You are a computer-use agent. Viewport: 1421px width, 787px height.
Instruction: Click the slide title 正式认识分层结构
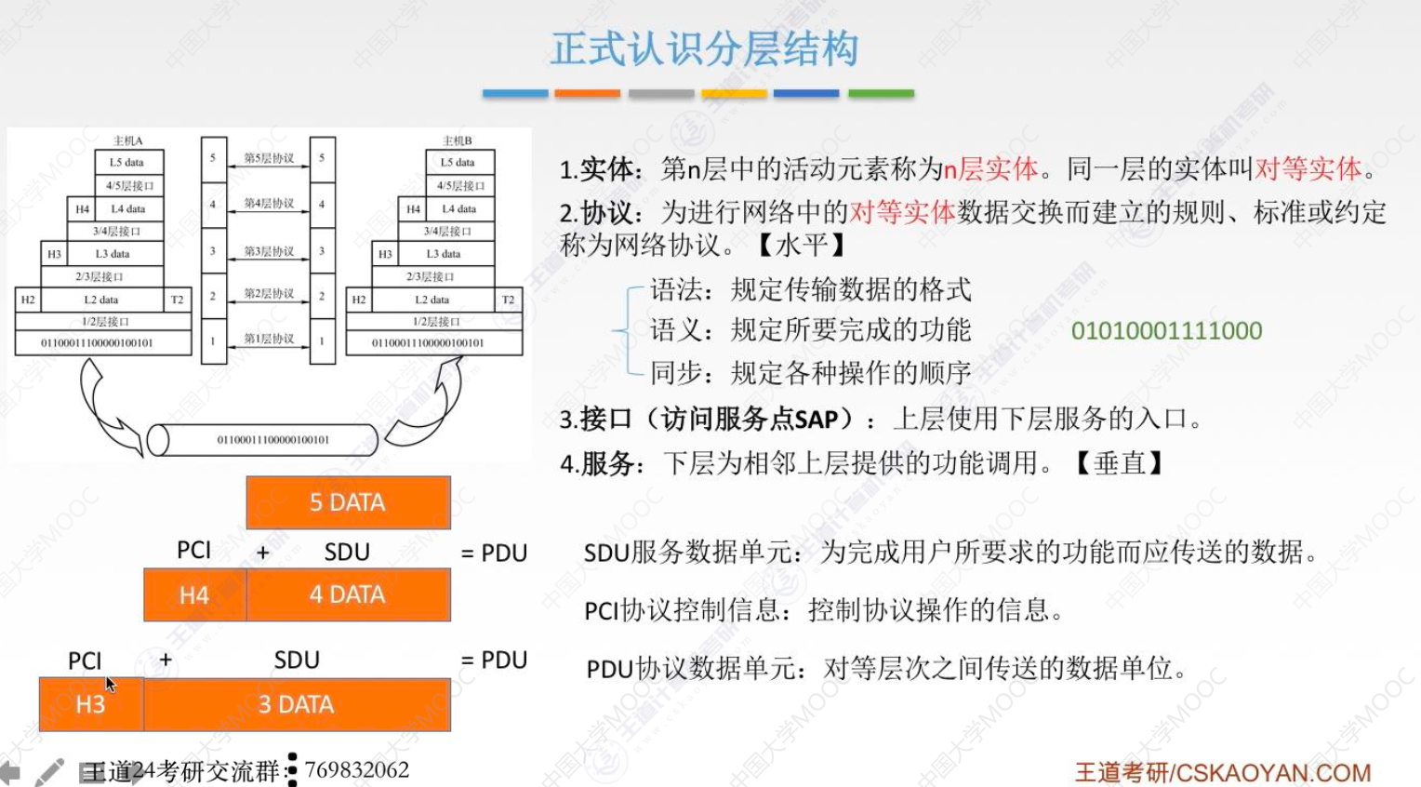coord(704,48)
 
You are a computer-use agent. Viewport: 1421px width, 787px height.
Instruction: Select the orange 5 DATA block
coord(348,502)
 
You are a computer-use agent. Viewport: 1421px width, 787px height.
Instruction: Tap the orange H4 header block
coord(194,595)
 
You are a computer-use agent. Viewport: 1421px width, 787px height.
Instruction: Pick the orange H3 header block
coord(90,704)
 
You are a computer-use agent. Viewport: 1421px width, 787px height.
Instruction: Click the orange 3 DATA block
coord(297,704)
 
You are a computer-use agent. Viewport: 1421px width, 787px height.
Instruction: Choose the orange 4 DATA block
coord(348,595)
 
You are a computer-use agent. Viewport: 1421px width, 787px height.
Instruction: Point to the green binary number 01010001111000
coord(1166,330)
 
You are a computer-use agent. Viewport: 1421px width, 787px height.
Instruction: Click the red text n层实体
coord(990,168)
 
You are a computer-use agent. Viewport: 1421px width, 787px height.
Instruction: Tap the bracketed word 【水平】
coord(800,246)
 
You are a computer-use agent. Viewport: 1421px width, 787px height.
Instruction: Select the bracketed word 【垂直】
coord(1119,462)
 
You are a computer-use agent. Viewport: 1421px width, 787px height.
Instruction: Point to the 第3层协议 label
coord(269,251)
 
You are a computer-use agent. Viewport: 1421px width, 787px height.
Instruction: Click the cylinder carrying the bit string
coord(263,440)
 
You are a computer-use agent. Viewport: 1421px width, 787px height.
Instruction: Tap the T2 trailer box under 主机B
coord(508,300)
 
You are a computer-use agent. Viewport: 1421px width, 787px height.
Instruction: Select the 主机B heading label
coord(457,140)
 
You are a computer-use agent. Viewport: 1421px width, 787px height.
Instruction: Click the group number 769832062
coord(357,770)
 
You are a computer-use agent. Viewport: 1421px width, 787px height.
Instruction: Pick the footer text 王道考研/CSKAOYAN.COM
coord(1222,772)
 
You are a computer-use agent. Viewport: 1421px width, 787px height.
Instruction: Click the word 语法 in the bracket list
coord(676,289)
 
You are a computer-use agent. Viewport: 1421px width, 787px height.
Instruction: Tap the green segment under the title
coord(881,93)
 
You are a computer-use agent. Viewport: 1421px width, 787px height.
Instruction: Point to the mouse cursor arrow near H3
coord(110,684)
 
